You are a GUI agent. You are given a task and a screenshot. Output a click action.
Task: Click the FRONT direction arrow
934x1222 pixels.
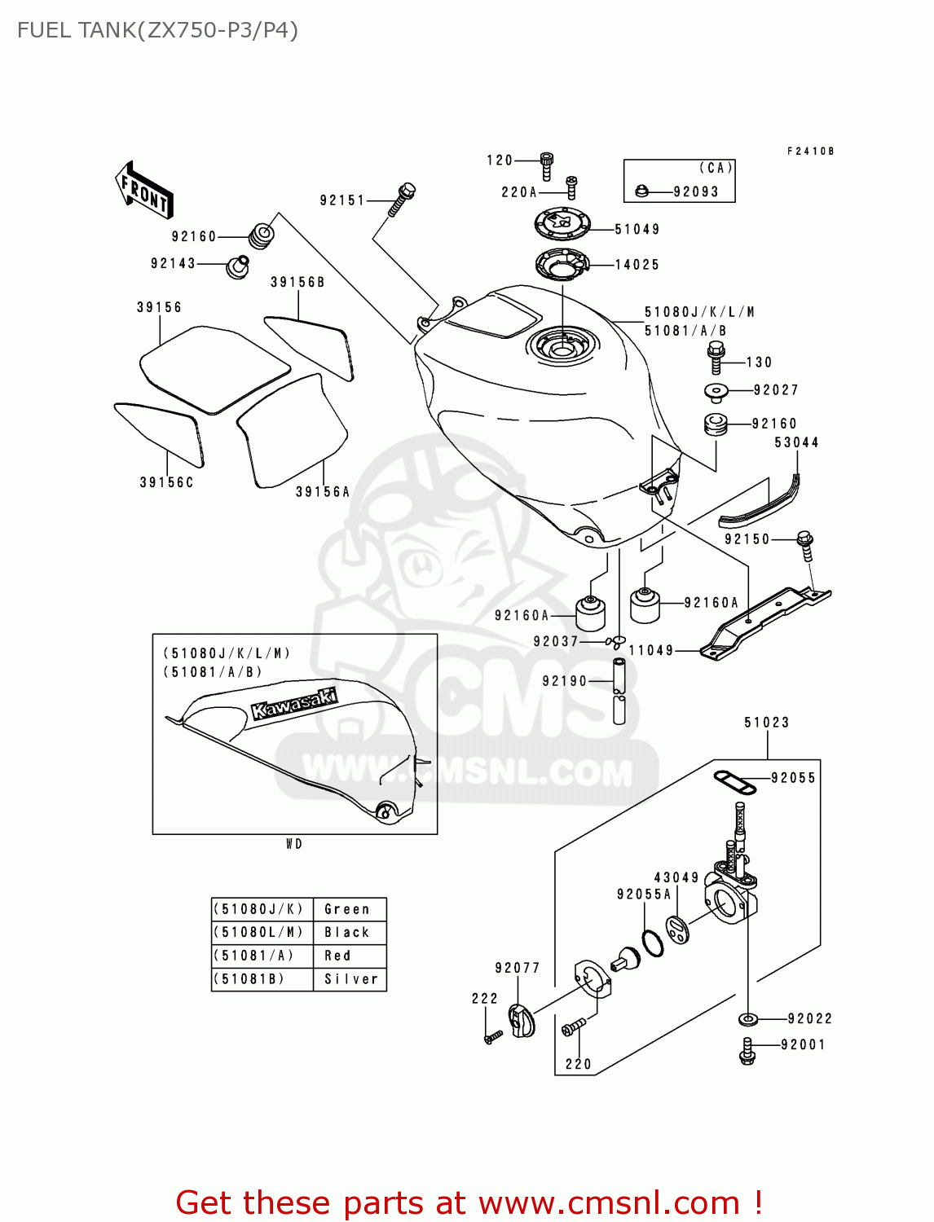(x=144, y=191)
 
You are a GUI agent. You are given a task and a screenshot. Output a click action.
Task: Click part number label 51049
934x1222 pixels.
(x=637, y=230)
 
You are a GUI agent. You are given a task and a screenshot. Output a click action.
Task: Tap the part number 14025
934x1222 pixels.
(x=637, y=265)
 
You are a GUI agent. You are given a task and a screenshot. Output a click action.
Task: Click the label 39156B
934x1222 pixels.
(x=297, y=283)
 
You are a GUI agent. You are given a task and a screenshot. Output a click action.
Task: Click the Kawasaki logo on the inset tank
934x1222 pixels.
(x=294, y=705)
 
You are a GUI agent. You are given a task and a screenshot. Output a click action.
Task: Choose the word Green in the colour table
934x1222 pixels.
(x=347, y=909)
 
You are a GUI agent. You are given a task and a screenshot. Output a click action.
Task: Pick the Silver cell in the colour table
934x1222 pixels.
(x=351, y=979)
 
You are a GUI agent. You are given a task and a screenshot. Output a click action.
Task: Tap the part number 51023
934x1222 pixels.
(x=766, y=723)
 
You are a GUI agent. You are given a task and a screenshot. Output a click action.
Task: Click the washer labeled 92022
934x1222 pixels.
(x=747, y=1018)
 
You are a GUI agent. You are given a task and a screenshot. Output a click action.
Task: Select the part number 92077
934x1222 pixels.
(x=517, y=968)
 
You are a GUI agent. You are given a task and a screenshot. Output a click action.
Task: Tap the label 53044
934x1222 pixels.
(x=795, y=442)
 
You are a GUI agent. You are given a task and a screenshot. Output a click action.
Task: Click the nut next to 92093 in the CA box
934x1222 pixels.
(x=641, y=191)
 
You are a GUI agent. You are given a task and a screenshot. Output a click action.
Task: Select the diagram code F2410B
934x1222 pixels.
(x=810, y=152)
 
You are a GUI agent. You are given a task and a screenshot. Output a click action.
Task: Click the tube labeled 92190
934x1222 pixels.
(x=619, y=690)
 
